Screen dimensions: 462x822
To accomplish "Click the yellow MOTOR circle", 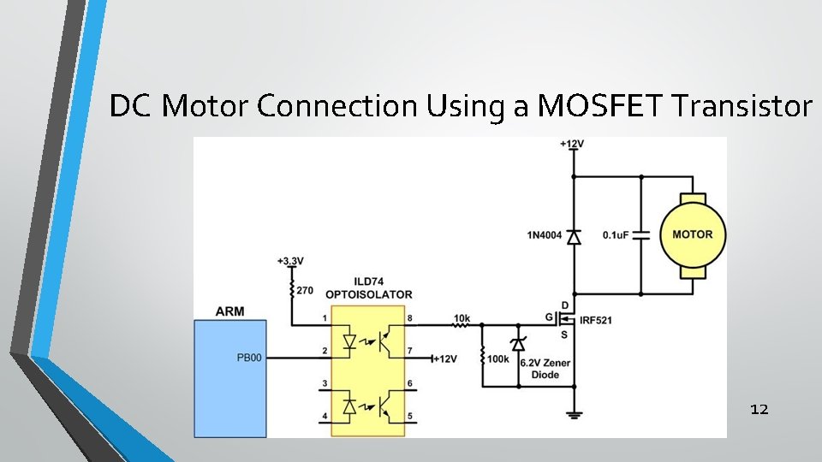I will pyautogui.click(x=693, y=234).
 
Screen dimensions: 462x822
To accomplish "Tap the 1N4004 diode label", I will pyautogui.click(x=545, y=234).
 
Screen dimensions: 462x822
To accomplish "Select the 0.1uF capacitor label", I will pyautogui.click(x=618, y=234).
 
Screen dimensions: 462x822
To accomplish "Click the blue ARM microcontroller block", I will pyautogui.click(x=230, y=377).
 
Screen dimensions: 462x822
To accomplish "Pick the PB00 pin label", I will pyautogui.click(x=249, y=352).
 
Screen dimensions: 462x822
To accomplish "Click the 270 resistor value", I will pyautogui.click(x=305, y=290).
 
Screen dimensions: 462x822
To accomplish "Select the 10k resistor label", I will pyautogui.click(x=462, y=318).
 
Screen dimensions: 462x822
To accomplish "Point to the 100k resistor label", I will pyautogui.click(x=497, y=359).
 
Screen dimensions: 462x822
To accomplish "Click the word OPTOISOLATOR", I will pyautogui.click(x=370, y=294).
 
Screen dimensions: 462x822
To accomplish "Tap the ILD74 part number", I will pyautogui.click(x=370, y=283).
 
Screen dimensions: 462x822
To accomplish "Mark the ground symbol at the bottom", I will pyautogui.click(x=574, y=417).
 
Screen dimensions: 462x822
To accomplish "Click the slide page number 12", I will pyautogui.click(x=759, y=410).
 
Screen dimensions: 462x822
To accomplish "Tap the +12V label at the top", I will pyautogui.click(x=572, y=144).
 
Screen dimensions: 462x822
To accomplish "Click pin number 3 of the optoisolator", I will pyautogui.click(x=325, y=384).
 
